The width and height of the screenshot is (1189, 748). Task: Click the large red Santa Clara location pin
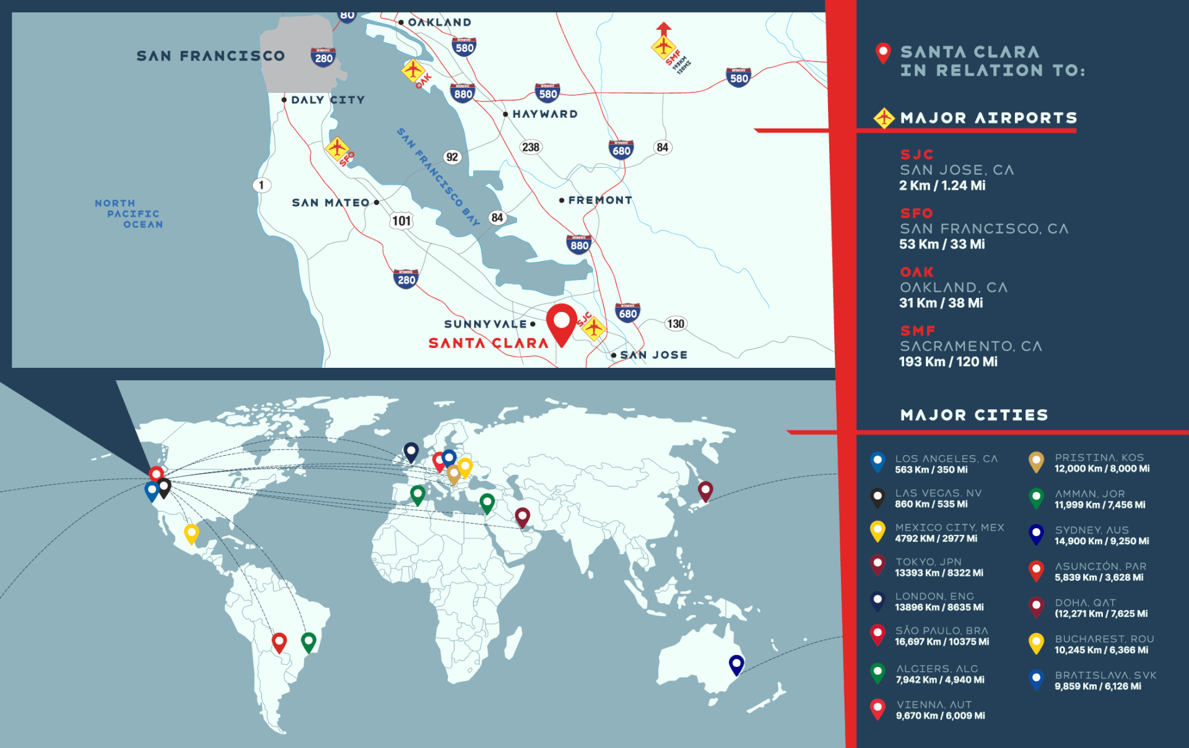[562, 322]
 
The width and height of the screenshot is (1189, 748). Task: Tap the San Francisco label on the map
[211, 56]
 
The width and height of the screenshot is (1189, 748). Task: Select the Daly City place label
[328, 100]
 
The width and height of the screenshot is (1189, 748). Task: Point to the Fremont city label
[599, 200]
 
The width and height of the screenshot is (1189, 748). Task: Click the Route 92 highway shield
[452, 157]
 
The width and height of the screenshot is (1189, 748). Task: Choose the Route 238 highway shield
[531, 147]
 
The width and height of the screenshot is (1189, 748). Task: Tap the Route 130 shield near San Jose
[675, 323]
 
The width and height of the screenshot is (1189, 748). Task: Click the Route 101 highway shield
[401, 220]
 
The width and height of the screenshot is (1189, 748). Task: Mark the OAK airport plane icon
[412, 69]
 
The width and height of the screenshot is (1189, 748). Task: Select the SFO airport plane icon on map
[337, 148]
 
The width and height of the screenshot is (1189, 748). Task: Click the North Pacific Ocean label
[129, 214]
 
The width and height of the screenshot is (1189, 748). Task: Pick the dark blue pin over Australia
[736, 664]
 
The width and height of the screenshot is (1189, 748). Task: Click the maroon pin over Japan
[705, 490]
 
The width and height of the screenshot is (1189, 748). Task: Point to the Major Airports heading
[988, 118]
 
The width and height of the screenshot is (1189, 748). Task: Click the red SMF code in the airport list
[917, 331]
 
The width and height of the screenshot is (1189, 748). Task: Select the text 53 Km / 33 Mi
[941, 244]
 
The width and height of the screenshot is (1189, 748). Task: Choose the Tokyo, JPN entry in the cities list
[928, 562]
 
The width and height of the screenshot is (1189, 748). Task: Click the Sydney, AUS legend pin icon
[1036, 534]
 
